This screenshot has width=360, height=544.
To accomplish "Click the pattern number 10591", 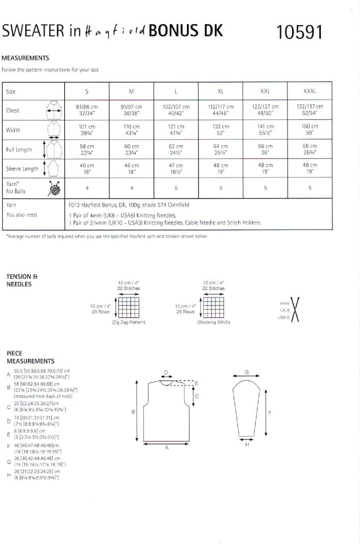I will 299,32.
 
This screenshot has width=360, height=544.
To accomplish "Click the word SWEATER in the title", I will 33,31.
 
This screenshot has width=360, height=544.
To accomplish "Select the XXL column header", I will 265,91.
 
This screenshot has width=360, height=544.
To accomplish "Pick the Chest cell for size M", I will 132,110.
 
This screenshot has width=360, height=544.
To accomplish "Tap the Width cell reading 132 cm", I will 220,130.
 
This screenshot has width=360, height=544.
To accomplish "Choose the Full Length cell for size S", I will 87,149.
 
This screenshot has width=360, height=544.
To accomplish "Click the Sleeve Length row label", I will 22,169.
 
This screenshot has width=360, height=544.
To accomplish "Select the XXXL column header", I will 309,91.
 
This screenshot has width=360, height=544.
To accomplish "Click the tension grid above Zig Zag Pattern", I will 128,307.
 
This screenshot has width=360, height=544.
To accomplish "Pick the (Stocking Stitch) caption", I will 213,322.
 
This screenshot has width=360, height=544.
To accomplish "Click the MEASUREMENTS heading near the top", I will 25,58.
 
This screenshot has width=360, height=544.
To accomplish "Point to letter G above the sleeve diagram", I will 247,372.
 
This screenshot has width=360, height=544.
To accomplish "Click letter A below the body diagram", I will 167,448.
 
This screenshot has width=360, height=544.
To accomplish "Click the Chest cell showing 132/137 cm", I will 309,110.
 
